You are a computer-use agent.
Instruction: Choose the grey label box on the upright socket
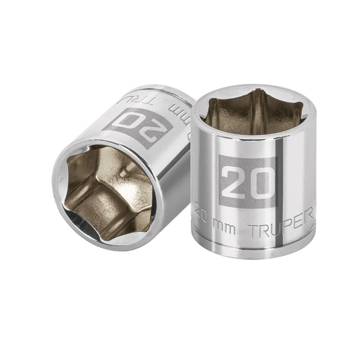[247, 181]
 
